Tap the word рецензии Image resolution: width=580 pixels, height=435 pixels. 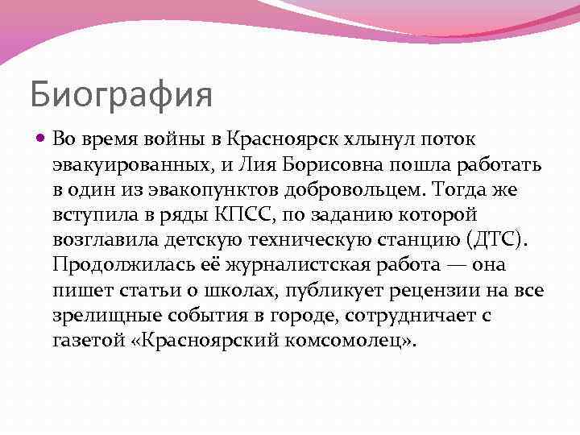point(443,290)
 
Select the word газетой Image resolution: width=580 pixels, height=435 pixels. point(88,340)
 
